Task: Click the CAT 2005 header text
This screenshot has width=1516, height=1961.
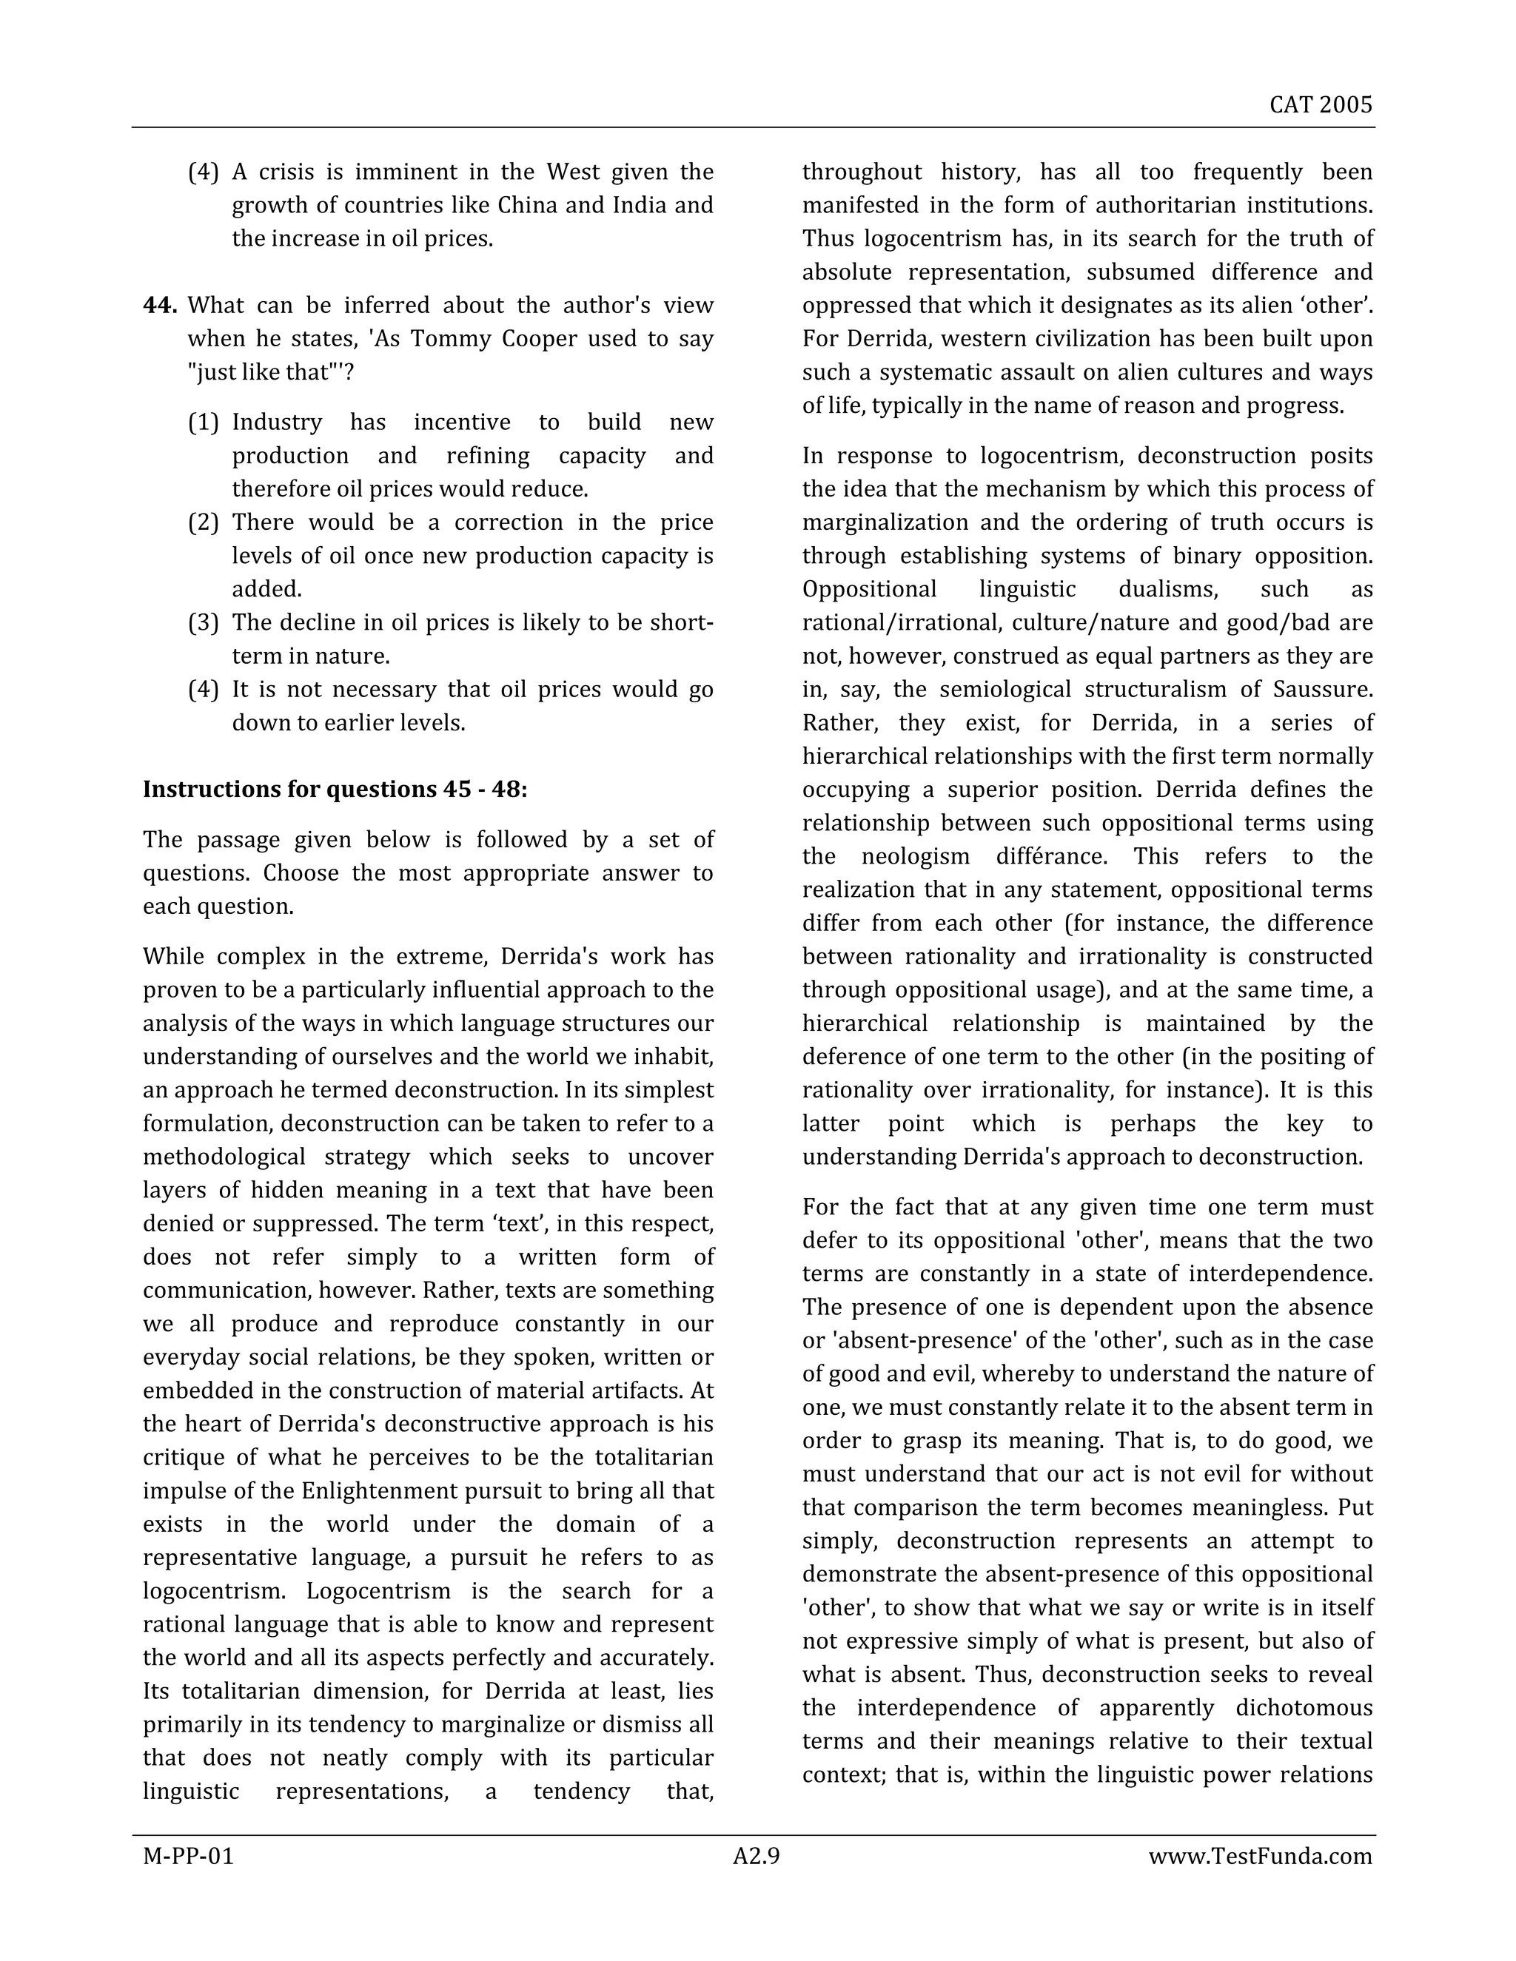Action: (1321, 105)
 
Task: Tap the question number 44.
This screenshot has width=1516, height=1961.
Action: (160, 306)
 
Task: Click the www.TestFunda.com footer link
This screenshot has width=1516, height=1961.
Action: (1260, 1856)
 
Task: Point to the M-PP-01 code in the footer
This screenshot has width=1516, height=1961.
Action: (188, 1856)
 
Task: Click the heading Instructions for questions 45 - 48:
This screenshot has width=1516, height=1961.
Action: (335, 790)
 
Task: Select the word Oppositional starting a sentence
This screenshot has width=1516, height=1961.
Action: (869, 590)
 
